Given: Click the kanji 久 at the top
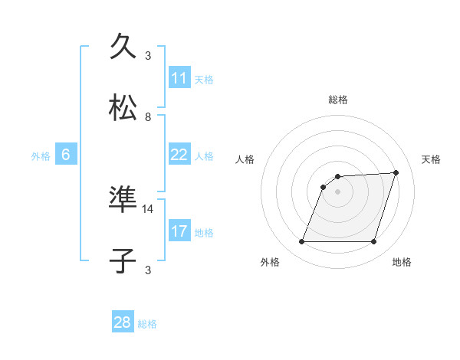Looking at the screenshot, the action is click(x=126, y=46).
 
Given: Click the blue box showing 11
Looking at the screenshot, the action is click(x=179, y=78).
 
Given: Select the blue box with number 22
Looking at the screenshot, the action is click(x=179, y=155).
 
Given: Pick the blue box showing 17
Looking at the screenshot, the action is click(x=179, y=231).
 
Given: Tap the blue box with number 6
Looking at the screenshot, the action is click(x=66, y=155).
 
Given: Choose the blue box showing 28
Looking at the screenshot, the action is click(x=123, y=322).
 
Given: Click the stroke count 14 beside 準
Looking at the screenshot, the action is click(x=148, y=208).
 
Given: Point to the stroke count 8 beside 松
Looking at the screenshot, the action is click(x=148, y=116).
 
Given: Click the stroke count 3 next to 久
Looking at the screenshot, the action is click(x=148, y=55).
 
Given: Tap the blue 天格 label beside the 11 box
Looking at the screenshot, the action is click(x=204, y=79).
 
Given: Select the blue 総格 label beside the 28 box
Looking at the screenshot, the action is click(x=147, y=323).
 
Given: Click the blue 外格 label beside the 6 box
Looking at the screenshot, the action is click(x=41, y=155).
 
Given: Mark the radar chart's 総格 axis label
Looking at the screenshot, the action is click(x=337, y=100).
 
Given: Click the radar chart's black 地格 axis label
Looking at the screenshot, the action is click(x=402, y=262).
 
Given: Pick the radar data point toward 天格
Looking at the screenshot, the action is click(x=396, y=172).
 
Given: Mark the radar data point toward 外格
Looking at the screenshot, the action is click(x=301, y=242).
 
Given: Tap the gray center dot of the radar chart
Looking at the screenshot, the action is click(x=337, y=191).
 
